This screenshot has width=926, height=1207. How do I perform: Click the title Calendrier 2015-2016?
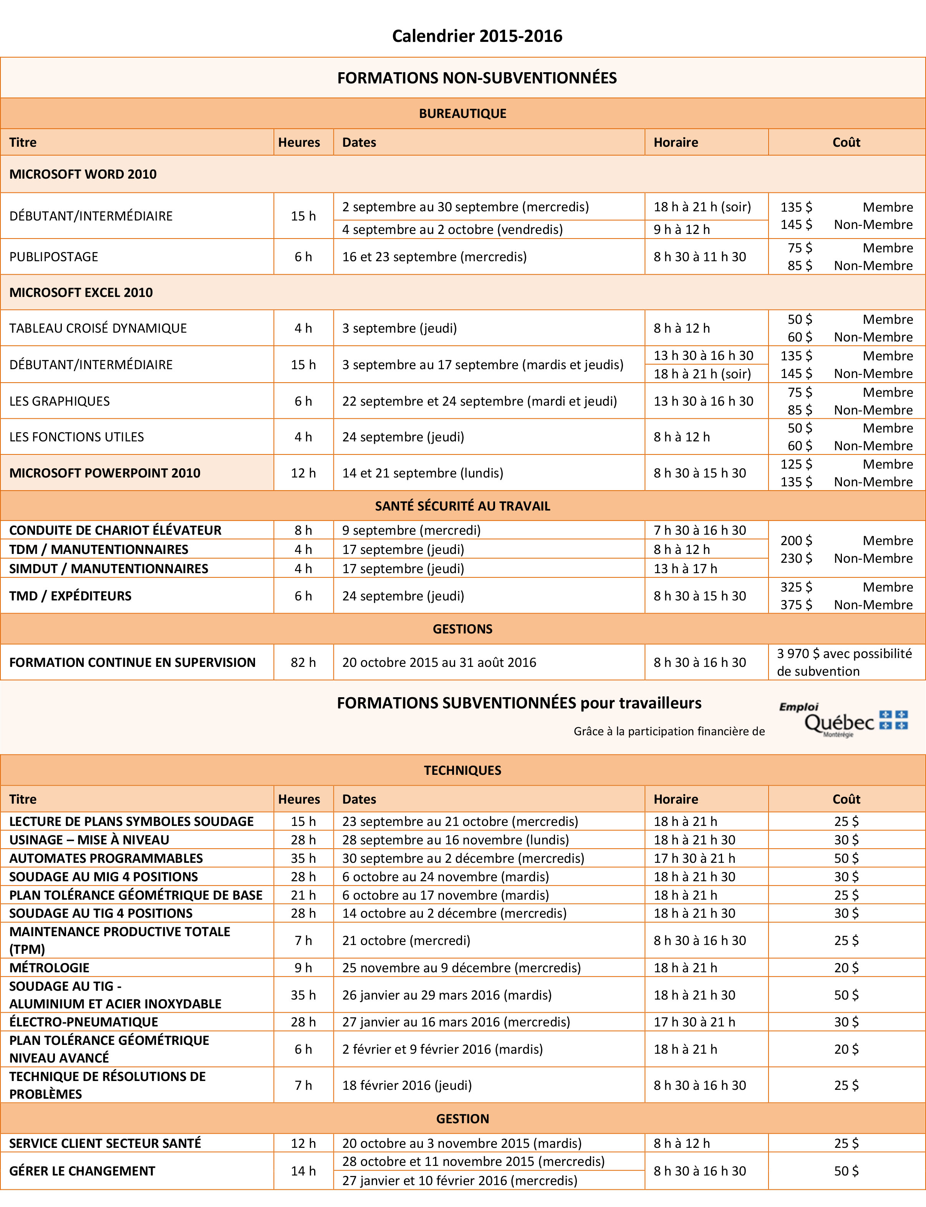(x=477, y=36)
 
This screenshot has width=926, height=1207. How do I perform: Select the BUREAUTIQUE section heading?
(x=462, y=114)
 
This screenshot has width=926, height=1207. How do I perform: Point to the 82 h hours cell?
(x=303, y=663)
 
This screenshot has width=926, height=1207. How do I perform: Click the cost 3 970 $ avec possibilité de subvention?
(x=845, y=663)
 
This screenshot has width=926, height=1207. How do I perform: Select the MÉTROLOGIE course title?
(x=49, y=967)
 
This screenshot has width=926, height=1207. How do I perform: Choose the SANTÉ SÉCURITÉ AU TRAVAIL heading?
(x=462, y=506)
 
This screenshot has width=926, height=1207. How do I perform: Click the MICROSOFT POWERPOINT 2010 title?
(x=105, y=473)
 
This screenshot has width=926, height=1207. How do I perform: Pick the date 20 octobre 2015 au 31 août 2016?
(x=439, y=663)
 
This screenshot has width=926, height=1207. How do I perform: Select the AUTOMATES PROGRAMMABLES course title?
(x=106, y=858)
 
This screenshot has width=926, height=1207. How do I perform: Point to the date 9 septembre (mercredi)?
(x=411, y=530)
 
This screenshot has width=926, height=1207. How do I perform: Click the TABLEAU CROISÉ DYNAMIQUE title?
(x=98, y=328)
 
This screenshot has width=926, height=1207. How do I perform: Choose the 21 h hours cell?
(x=303, y=895)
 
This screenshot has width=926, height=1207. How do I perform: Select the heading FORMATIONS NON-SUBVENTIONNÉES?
(x=477, y=78)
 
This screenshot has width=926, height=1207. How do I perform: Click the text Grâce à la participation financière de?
(x=669, y=731)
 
